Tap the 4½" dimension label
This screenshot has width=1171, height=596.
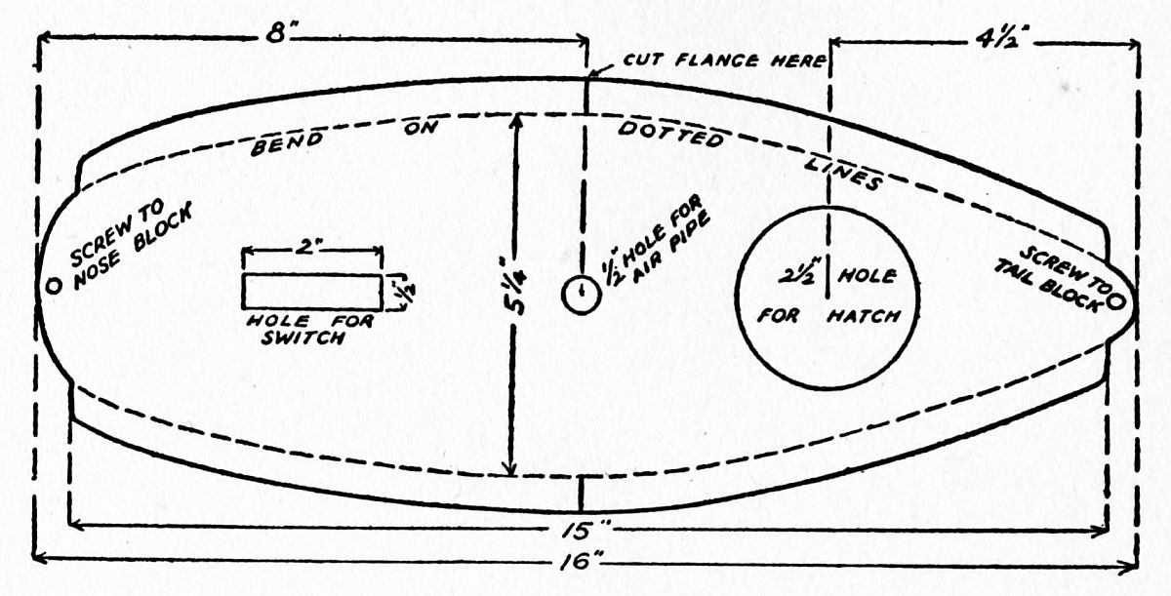point(997,43)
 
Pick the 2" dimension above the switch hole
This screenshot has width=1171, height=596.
point(311,250)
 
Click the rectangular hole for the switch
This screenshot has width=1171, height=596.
point(311,291)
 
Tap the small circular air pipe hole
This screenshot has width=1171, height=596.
point(581,294)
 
